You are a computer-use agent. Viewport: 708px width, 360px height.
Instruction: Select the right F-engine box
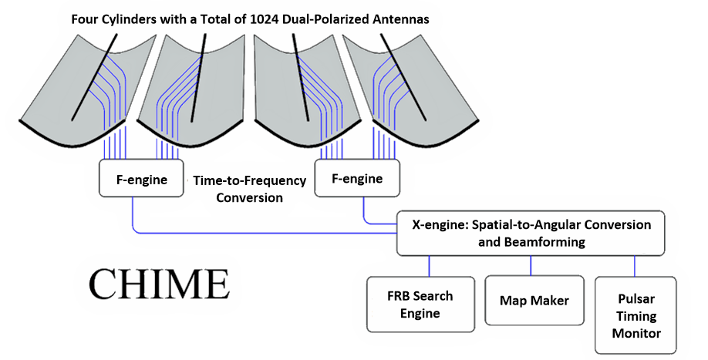357,178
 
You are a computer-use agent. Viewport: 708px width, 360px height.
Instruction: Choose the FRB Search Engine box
420,304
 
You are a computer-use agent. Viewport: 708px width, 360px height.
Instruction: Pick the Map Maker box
534,300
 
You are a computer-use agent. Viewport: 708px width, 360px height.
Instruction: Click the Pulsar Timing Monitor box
636,315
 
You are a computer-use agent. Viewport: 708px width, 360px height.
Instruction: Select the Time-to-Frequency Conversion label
249,189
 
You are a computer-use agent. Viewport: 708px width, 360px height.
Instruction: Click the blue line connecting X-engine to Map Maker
530,266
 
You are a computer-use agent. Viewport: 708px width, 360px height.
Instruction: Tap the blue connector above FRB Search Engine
429,266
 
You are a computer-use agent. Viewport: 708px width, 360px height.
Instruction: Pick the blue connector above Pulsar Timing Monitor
635,266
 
